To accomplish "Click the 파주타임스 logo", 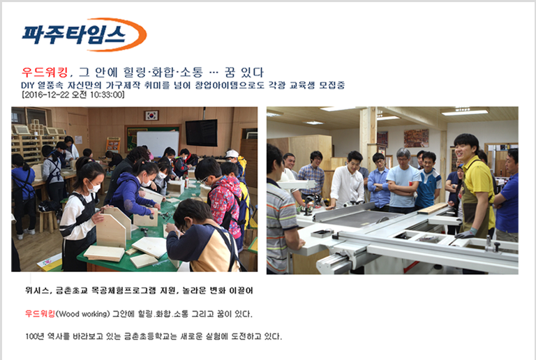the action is tap(84, 34).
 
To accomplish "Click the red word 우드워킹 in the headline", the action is tap(45, 72).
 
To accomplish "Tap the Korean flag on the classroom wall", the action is tap(151, 115).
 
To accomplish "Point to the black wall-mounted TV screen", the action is tap(201, 133).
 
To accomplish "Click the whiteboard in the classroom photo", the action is tap(158, 143).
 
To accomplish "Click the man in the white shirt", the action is tap(347, 180).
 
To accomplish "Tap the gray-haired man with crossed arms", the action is tap(403, 180).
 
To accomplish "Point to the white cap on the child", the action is tap(232, 153).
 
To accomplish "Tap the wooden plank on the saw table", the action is tap(433, 209).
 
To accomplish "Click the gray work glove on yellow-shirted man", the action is tap(466, 233).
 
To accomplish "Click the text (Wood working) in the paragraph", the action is tap(82, 313).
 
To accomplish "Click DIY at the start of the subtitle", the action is tap(27, 85).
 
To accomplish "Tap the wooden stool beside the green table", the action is tap(47, 221).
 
